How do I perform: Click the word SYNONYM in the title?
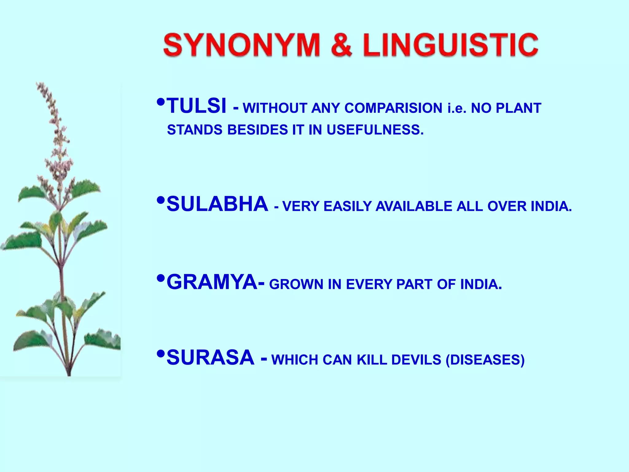click(242, 45)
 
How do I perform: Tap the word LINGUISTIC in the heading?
click(450, 45)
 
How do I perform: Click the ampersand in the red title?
click(342, 45)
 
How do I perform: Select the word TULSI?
click(197, 106)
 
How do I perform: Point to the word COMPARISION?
click(393, 108)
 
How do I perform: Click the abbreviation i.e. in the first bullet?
click(457, 108)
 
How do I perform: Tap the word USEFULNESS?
click(375, 130)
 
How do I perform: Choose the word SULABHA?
click(217, 204)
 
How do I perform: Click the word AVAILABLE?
click(414, 206)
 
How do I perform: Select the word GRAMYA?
click(212, 282)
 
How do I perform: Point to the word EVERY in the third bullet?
click(370, 284)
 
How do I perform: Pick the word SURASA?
click(210, 358)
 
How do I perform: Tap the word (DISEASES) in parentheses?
click(485, 360)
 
